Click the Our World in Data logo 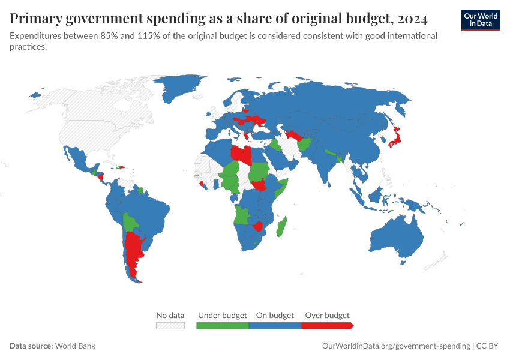click(x=481, y=19)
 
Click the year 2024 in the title click(x=411, y=19)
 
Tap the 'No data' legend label click(x=170, y=315)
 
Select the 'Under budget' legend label click(x=222, y=315)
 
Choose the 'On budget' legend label click(x=275, y=315)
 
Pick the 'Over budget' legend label click(x=327, y=315)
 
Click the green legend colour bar click(x=223, y=325)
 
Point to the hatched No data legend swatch click(x=170, y=325)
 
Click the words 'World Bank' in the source click(x=75, y=346)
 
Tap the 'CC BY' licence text click(x=488, y=346)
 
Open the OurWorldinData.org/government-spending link click(x=396, y=346)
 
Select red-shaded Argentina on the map click(x=133, y=252)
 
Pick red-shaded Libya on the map click(x=242, y=154)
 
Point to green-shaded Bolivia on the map click(x=130, y=223)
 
